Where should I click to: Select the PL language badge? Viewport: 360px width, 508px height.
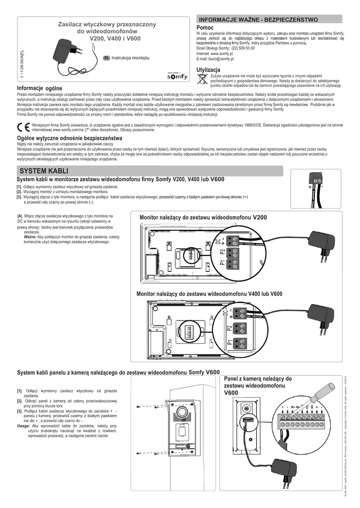click(106, 58)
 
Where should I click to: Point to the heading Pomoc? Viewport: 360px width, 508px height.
click(205, 28)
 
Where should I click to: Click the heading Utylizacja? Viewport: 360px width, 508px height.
click(208, 69)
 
